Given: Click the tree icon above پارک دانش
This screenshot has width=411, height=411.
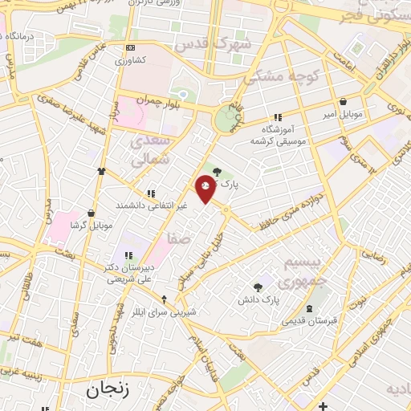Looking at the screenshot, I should point(257,287).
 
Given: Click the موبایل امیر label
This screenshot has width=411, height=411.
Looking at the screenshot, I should point(345,115).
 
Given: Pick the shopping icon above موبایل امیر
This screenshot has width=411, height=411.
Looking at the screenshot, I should point(344,103).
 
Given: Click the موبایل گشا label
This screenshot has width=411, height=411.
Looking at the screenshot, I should point(89,225).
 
